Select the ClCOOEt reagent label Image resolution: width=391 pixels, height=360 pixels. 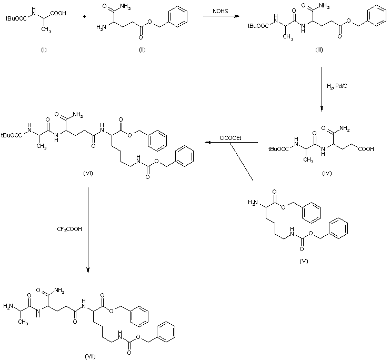point(230,138)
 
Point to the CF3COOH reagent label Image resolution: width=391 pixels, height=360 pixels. point(69,229)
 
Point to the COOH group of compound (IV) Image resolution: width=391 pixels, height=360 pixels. point(365,149)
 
